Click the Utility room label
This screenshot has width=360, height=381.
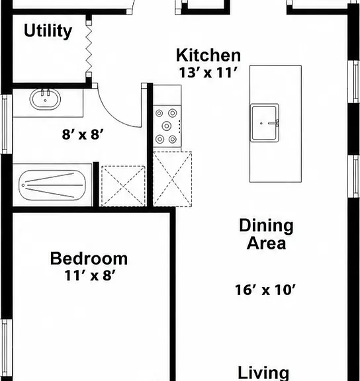tap(48, 31)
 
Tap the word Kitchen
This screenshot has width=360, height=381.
tap(208, 56)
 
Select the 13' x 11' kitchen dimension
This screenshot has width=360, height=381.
tap(208, 72)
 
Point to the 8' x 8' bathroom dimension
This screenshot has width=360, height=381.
tap(83, 134)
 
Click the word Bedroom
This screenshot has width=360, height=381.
tap(89, 259)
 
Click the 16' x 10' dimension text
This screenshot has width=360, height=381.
tap(265, 290)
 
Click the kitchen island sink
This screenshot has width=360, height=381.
tap(265, 123)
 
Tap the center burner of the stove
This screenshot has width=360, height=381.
tap(167, 126)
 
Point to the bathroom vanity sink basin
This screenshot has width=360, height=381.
tap(45, 99)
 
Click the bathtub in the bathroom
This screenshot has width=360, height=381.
tap(52, 185)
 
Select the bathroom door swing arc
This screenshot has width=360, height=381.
tap(116, 114)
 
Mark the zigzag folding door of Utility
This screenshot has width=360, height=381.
tap(89, 48)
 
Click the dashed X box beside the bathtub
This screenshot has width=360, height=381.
tap(123, 186)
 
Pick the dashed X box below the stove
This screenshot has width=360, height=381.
tap(172, 179)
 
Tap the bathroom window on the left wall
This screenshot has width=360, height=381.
tap(6, 124)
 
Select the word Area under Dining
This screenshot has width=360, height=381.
tap(266, 243)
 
